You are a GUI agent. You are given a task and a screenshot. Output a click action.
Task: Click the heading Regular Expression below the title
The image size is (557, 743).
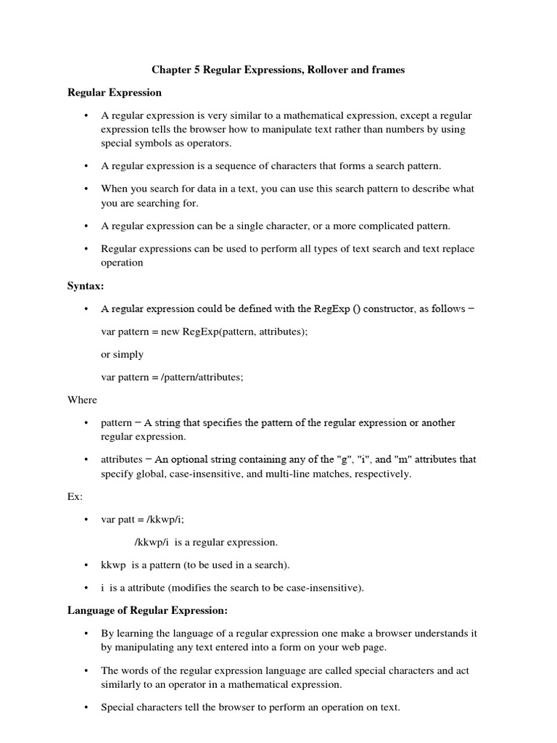[115, 92]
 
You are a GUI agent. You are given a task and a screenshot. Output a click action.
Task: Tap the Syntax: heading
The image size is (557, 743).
[86, 287]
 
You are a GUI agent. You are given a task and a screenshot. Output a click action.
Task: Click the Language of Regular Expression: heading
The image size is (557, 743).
[147, 611]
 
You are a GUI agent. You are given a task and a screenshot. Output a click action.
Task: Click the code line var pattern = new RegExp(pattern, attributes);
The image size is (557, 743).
[209, 332]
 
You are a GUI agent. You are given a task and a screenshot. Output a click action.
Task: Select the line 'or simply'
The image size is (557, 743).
[122, 354]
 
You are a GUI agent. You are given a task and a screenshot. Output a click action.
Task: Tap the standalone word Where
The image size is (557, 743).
[82, 400]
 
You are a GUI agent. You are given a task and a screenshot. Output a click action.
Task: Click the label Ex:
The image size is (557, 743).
[75, 497]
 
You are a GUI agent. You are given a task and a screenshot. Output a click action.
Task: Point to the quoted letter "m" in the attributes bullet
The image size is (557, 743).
[403, 459]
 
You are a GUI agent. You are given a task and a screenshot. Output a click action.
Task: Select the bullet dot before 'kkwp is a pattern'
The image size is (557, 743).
[86, 565]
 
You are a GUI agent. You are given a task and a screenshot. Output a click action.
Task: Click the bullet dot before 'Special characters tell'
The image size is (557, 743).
[86, 707]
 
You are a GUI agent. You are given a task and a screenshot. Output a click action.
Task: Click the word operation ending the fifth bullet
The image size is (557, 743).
[122, 263]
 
